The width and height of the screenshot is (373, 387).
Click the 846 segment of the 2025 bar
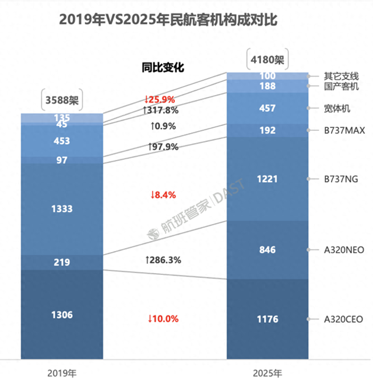click(x=267, y=249)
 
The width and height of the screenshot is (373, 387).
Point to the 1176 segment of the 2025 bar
click(x=267, y=319)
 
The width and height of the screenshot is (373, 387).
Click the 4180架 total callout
click(x=267, y=60)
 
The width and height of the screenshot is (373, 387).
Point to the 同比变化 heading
click(x=163, y=67)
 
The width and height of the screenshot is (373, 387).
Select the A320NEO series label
click(x=344, y=250)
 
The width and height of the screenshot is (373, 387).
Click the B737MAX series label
click(x=344, y=131)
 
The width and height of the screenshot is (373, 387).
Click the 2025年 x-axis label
click(x=267, y=372)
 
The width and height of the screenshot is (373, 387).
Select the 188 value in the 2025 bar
click(x=267, y=86)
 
